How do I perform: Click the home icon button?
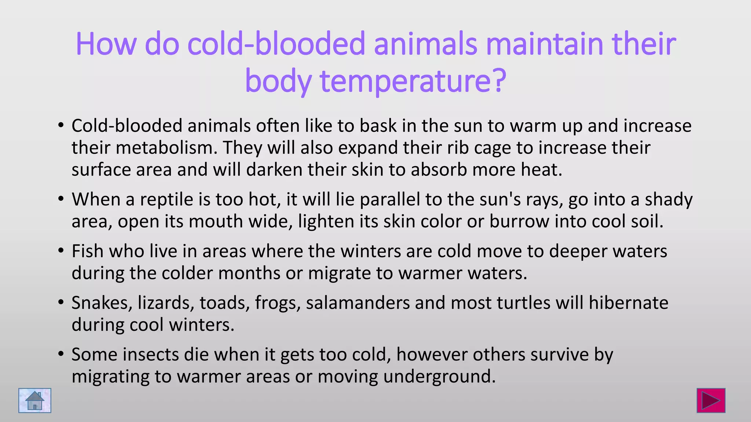pos(35,400)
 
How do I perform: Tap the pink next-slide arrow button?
pos(711,400)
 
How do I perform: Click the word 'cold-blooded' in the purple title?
pos(276,44)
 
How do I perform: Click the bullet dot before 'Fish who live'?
pos(61,251)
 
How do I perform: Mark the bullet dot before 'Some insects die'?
pos(61,355)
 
